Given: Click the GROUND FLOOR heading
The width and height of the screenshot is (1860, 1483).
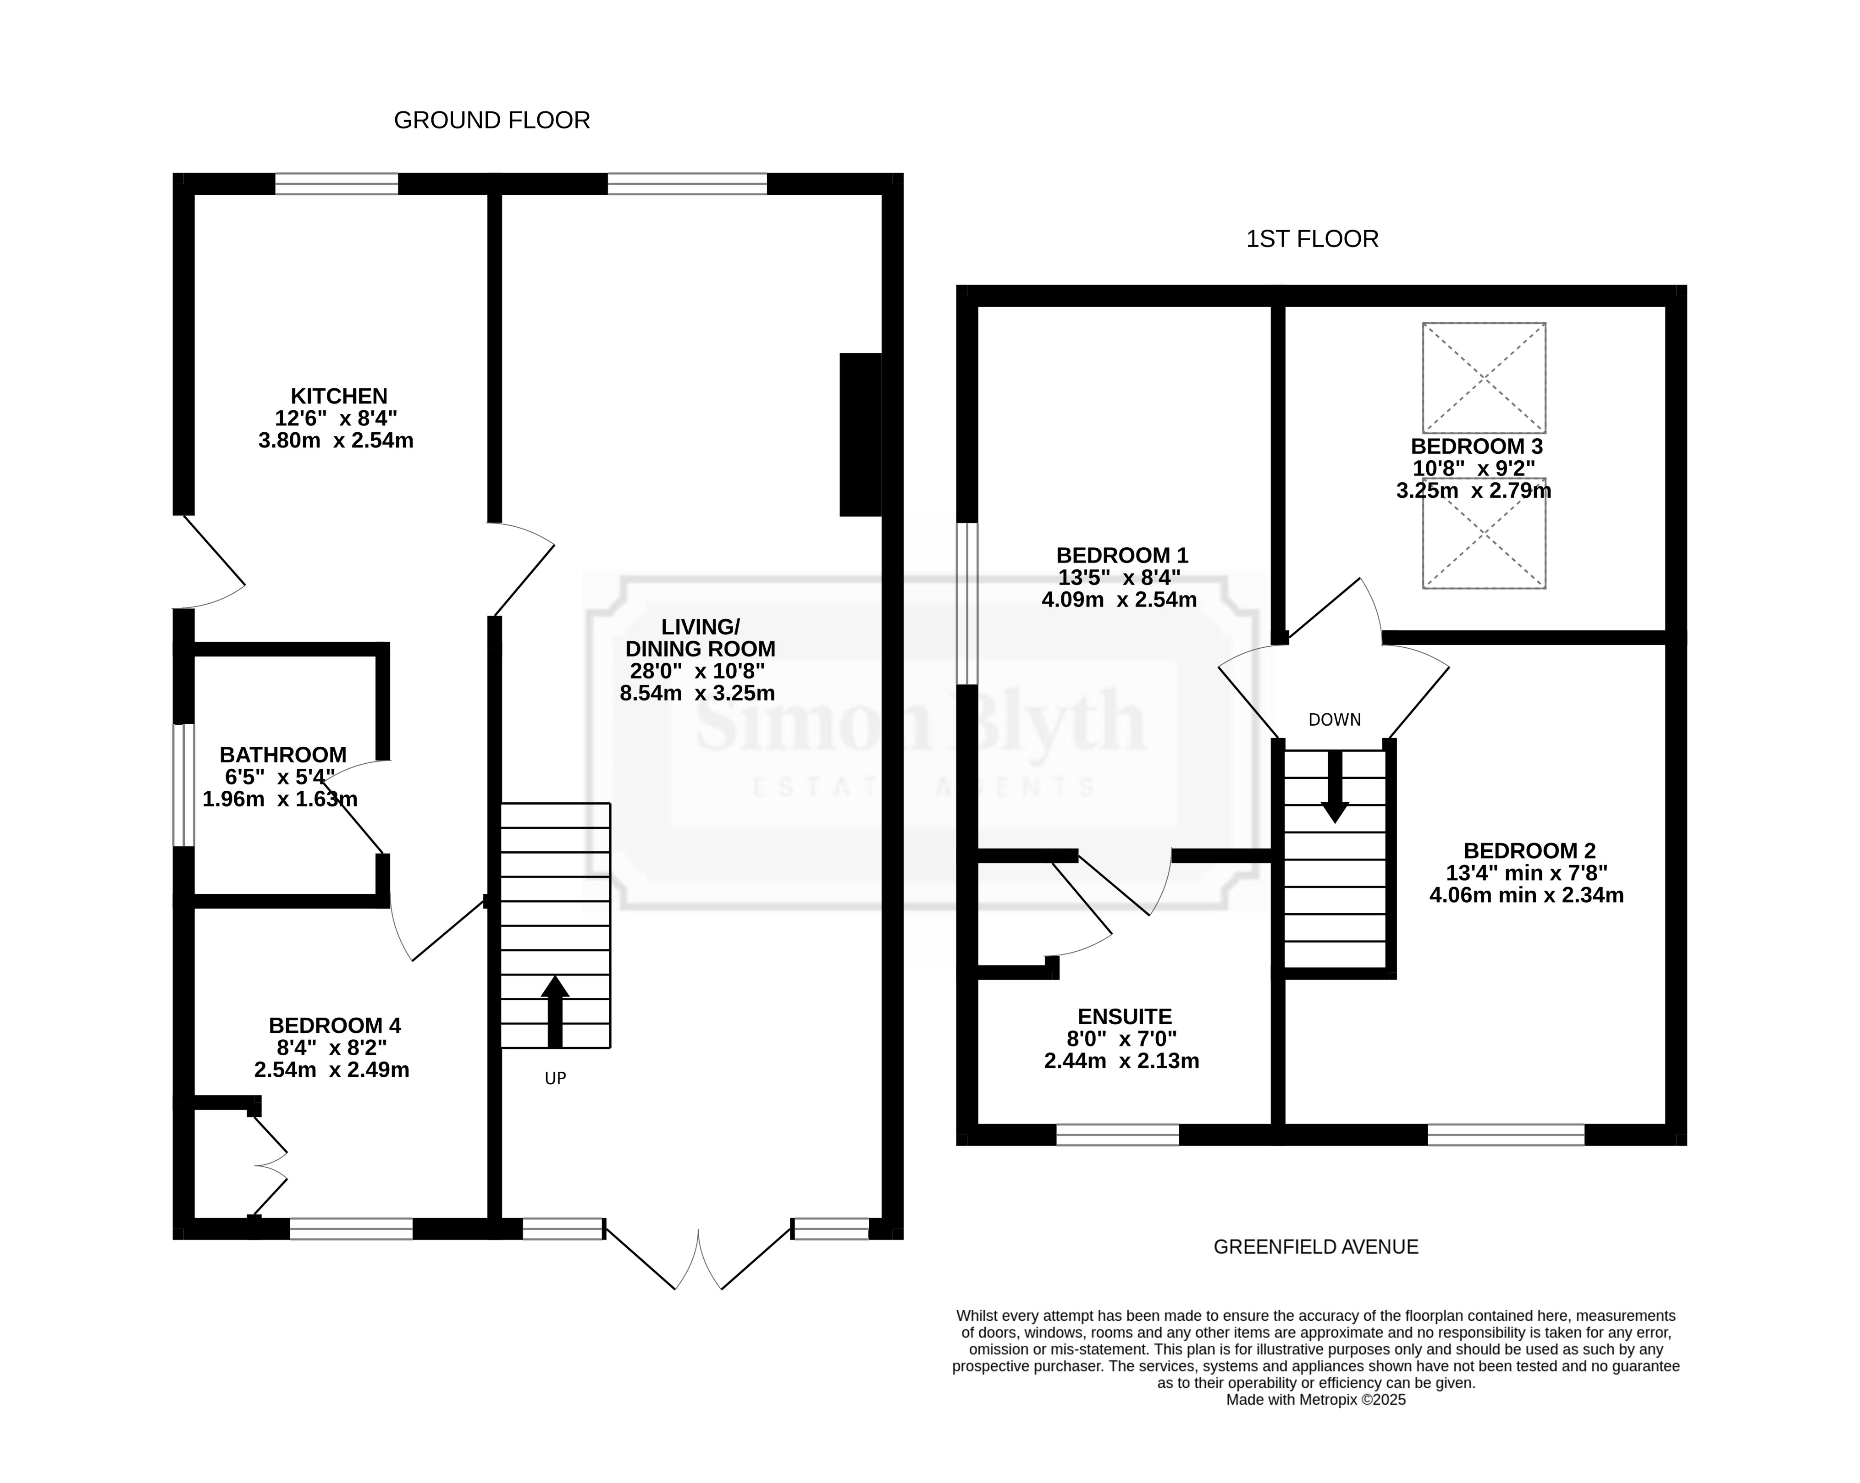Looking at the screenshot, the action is pyautogui.click(x=492, y=121).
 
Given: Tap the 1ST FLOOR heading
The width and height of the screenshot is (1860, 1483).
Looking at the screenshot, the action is pyautogui.click(x=1312, y=239).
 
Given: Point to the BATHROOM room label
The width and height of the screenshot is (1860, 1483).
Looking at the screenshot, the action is pyautogui.click(x=283, y=755).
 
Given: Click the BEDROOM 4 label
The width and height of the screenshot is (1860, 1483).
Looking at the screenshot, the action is pyautogui.click(x=335, y=1026).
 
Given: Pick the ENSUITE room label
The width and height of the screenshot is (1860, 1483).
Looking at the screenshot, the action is pyautogui.click(x=1125, y=1017).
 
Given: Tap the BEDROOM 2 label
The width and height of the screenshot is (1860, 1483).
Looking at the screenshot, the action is pyautogui.click(x=1529, y=851).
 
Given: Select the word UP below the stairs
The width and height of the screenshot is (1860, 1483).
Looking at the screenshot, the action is pyautogui.click(x=556, y=1078).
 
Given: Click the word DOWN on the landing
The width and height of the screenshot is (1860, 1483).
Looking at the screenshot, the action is pyautogui.click(x=1335, y=720).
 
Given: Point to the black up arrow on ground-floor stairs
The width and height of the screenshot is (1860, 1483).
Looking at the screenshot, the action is pyautogui.click(x=555, y=1011).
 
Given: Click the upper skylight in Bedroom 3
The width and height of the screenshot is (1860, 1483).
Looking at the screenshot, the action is pyautogui.click(x=1484, y=378).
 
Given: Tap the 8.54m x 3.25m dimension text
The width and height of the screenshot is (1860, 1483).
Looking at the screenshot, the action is pyautogui.click(x=697, y=693).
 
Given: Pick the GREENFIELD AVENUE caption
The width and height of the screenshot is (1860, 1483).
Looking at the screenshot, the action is pyautogui.click(x=1316, y=1246).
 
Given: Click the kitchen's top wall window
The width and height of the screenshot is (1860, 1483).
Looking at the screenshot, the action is pyautogui.click(x=337, y=184).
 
